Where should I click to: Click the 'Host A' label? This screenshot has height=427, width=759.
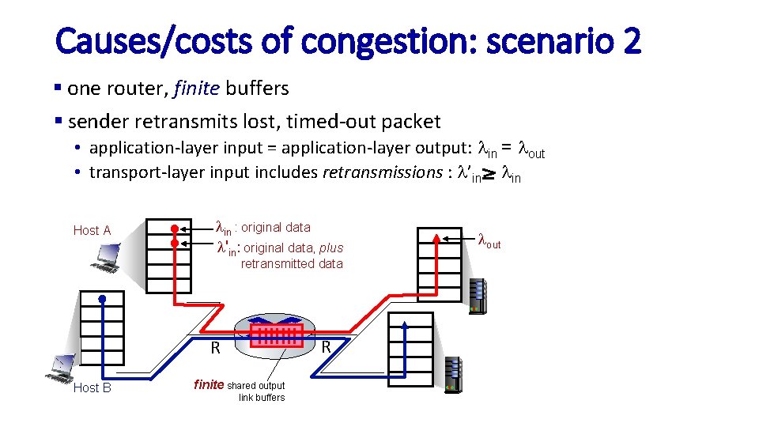click(x=92, y=230)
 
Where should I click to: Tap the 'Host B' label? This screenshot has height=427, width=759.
click(x=92, y=387)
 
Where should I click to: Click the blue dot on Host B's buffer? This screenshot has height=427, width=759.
click(x=102, y=298)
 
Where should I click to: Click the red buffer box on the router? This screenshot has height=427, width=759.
click(x=277, y=334)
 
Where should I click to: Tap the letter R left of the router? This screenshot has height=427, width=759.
click(x=215, y=348)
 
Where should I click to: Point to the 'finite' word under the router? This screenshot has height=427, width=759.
click(x=209, y=385)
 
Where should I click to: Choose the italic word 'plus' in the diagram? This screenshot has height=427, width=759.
click(x=331, y=248)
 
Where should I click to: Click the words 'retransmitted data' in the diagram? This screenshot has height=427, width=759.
click(x=292, y=264)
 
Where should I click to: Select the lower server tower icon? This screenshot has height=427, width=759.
click(x=452, y=374)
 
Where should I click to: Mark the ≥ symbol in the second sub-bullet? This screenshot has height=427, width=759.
click(x=489, y=174)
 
